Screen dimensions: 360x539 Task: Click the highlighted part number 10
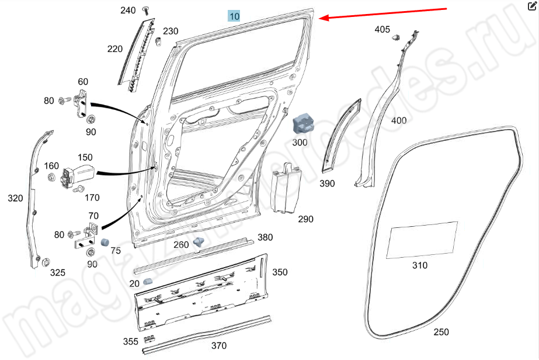pyautogui.click(x=234, y=16)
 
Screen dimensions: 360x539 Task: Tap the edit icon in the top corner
pyautogui.click(x=531, y=7)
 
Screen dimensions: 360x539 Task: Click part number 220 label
pyautogui.click(x=114, y=49)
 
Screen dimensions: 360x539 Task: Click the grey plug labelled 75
pyautogui.click(x=105, y=242)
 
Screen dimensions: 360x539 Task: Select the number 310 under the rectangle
pyautogui.click(x=419, y=265)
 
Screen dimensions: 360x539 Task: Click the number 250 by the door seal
pyautogui.click(x=441, y=332)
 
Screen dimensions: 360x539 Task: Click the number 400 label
pyautogui.click(x=398, y=120)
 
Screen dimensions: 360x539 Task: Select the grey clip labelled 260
pyautogui.click(x=200, y=242)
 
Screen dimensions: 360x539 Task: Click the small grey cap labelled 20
pyautogui.click(x=148, y=282)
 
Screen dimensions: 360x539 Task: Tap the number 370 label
pyautogui.click(x=218, y=345)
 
